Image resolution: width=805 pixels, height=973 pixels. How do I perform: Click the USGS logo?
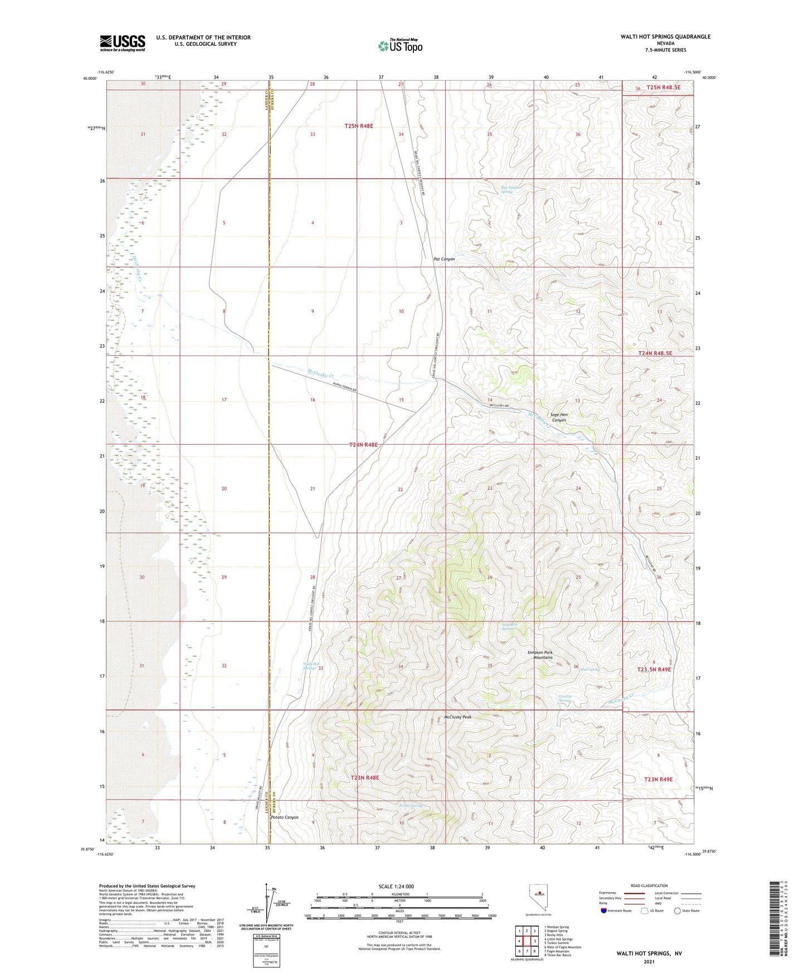(x=123, y=43)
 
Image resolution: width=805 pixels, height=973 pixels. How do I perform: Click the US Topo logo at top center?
(x=399, y=45)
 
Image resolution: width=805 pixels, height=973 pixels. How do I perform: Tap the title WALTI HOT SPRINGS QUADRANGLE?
(x=665, y=37)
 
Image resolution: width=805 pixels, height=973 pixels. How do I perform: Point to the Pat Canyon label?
(x=444, y=259)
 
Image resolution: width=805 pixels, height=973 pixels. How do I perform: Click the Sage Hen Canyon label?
(x=558, y=417)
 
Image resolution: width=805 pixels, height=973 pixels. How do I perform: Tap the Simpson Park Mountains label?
(x=543, y=655)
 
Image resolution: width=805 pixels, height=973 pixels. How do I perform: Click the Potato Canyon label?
(x=284, y=818)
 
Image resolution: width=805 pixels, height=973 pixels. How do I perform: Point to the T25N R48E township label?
(x=358, y=127)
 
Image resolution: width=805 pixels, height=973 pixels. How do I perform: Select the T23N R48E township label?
(x=364, y=777)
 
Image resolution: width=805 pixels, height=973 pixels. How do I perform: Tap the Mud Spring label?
(x=589, y=669)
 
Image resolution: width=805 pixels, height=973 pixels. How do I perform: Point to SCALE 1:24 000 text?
(x=396, y=887)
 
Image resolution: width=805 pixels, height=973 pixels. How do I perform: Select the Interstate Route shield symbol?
(x=604, y=911)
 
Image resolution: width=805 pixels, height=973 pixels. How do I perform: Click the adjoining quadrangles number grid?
(x=526, y=942)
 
